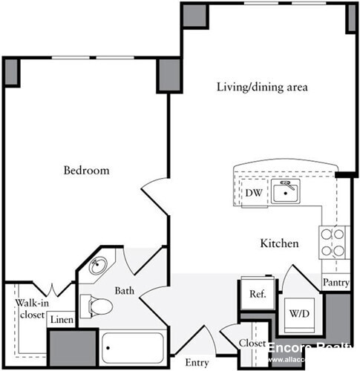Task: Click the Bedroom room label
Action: pyautogui.click(x=86, y=171)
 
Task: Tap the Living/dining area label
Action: pyautogui.click(x=262, y=87)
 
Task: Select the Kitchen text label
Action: pyautogui.click(x=279, y=243)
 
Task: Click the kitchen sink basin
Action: pyautogui.click(x=284, y=194)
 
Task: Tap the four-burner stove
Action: pyautogui.click(x=333, y=242)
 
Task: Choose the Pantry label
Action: pyautogui.click(x=336, y=283)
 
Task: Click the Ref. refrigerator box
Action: pyautogui.click(x=258, y=294)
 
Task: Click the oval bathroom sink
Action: pyautogui.click(x=99, y=268)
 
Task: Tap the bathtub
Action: pyautogui.click(x=134, y=347)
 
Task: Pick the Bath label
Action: pyautogui.click(x=123, y=292)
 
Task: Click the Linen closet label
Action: pyautogui.click(x=62, y=321)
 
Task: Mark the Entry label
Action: pyautogui.click(x=197, y=363)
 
